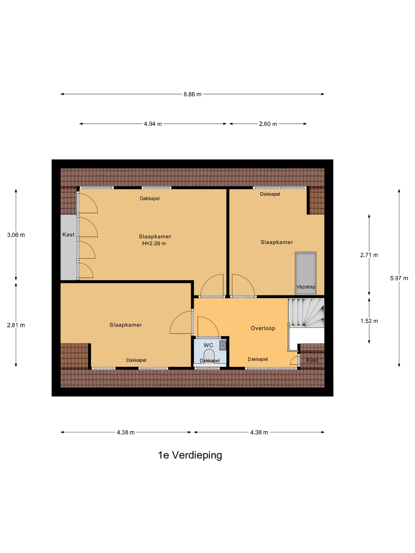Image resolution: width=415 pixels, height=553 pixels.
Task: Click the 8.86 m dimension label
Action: tap(192, 94)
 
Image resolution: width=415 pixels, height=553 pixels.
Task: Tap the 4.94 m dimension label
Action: tap(153, 124)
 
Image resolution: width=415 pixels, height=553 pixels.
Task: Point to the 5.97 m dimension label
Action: tap(399, 278)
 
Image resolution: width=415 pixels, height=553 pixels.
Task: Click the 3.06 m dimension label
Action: tap(16, 235)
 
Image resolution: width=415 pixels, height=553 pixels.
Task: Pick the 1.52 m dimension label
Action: tap(369, 321)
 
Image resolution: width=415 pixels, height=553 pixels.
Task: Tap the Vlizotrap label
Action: tap(306, 287)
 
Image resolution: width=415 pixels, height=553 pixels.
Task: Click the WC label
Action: tap(208, 345)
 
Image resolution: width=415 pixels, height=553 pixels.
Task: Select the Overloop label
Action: tap(263, 328)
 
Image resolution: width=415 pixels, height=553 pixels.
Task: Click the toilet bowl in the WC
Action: tap(209, 356)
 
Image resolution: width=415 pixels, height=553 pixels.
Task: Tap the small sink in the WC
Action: tap(222, 345)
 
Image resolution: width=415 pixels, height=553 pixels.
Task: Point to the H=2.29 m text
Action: tap(154, 244)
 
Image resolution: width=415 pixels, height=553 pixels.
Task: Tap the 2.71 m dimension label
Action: tap(369, 255)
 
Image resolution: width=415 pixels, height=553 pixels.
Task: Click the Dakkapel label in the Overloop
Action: tap(257, 359)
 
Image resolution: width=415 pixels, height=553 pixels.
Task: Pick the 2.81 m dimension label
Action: tap(16, 325)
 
